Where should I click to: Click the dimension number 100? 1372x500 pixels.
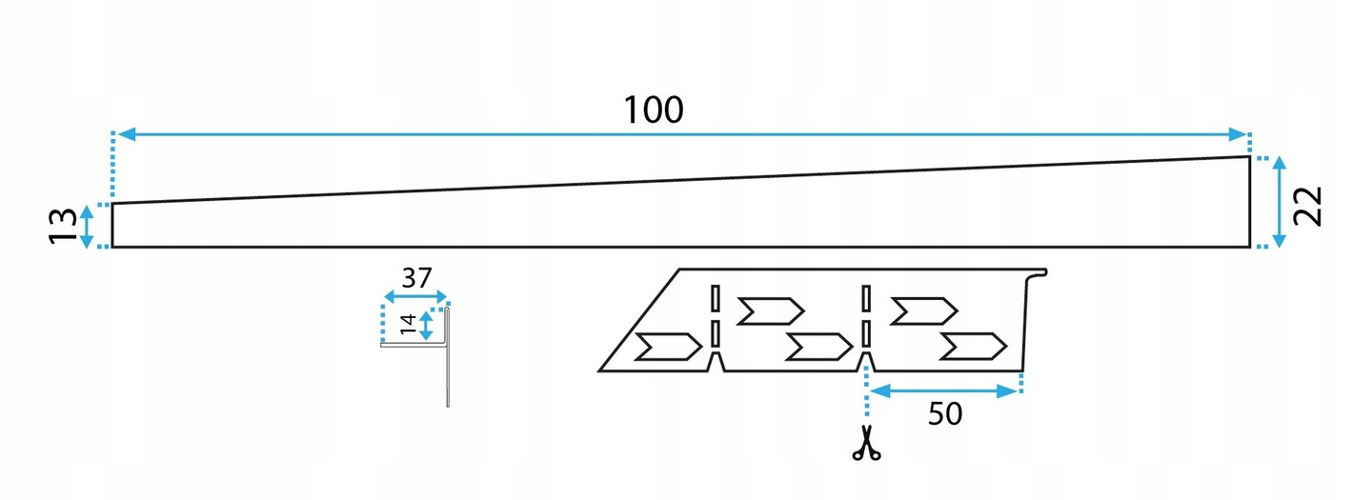tap(654, 110)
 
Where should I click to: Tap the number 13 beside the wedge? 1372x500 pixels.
tap(64, 226)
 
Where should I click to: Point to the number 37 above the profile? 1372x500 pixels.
tap(415, 279)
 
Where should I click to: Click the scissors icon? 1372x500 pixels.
tap(866, 445)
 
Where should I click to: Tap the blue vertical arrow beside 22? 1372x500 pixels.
tap(1279, 202)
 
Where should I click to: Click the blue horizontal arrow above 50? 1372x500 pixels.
tap(944, 390)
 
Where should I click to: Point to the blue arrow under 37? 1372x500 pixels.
tap(414, 296)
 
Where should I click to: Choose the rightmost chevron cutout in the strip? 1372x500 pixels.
tap(973, 347)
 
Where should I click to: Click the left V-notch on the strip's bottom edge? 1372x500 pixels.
tap(716, 361)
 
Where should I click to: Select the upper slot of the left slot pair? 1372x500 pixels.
tap(714, 298)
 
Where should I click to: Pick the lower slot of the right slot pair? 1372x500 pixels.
tap(866, 333)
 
